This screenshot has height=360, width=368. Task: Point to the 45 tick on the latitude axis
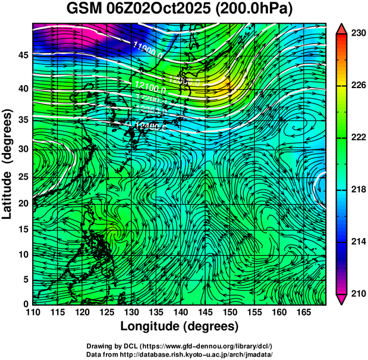22,55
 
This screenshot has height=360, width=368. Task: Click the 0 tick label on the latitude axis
25,304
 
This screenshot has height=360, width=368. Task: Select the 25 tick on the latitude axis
22,176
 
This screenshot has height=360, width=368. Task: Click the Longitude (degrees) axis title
180,327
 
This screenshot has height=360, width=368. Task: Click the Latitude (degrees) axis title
8,164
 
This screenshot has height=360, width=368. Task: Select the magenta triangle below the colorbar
342,299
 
